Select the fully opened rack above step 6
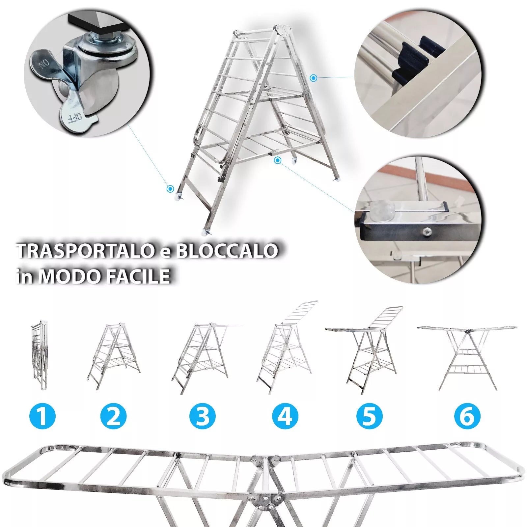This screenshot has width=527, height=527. click(x=467, y=357)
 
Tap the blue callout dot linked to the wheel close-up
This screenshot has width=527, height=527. click(x=170, y=189)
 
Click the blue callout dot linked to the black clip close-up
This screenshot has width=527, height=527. click(x=314, y=78)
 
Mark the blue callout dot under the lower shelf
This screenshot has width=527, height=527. click(x=278, y=160)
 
